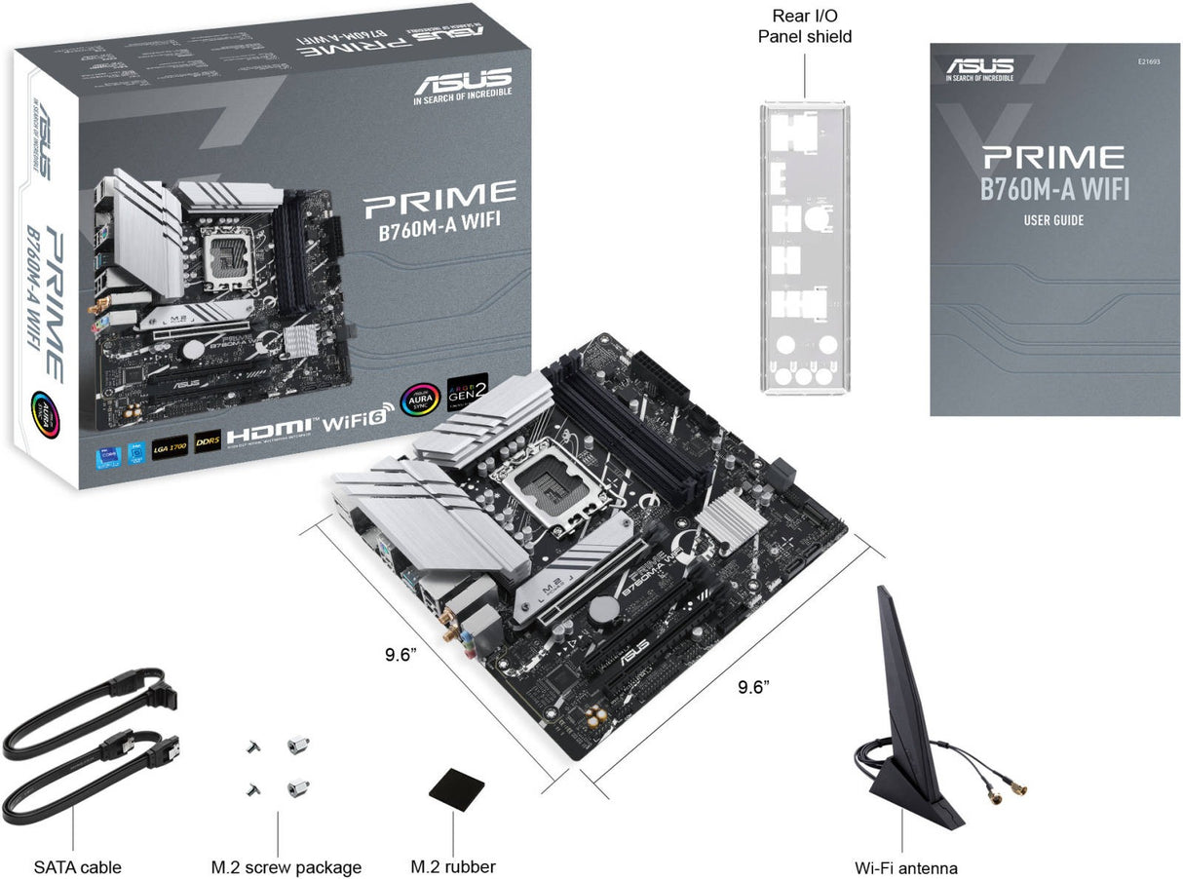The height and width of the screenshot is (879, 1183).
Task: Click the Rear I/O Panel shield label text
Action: (806, 26)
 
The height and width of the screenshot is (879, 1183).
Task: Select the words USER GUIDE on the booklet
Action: (1053, 220)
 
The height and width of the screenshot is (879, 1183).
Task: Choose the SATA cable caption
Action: (77, 866)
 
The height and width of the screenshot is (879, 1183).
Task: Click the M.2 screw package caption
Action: (286, 866)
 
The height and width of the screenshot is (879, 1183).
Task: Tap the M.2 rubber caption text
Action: (452, 866)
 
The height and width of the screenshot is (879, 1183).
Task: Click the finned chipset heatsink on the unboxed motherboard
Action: (732, 516)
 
